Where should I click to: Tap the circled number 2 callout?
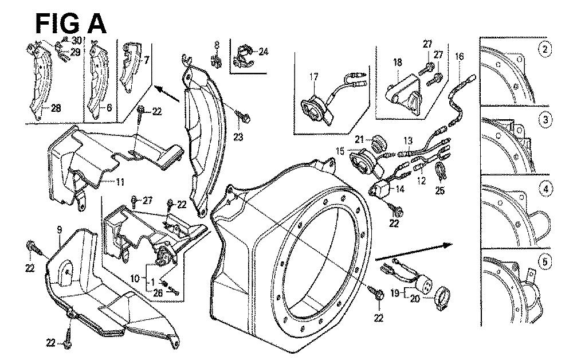point(545,50)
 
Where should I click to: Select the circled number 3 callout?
point(545,120)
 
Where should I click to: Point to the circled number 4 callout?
point(546,190)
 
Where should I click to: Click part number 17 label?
point(314,77)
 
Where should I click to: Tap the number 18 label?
point(397,62)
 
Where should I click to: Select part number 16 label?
point(460,56)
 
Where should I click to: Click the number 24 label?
point(263,52)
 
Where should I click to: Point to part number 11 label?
point(120,182)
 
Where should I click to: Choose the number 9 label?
point(60,229)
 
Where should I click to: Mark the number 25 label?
point(440,190)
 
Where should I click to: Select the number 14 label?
point(400,189)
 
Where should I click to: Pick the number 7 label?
point(147,60)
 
